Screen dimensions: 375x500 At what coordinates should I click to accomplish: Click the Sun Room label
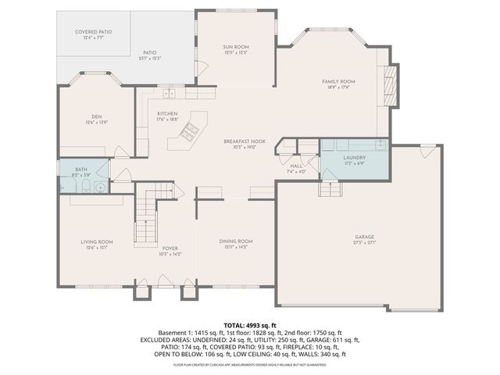point(235,48)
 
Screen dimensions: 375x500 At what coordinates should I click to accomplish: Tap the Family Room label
point(339,81)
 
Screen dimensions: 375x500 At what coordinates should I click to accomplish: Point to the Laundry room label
point(355,158)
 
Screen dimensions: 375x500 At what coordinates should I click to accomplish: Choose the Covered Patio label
point(93,32)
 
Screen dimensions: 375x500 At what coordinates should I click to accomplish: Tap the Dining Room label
point(235,241)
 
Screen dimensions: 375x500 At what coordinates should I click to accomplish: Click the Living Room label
point(97,242)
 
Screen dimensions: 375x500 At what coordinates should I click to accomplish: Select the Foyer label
point(170,248)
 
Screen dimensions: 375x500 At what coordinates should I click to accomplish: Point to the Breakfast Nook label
point(245,141)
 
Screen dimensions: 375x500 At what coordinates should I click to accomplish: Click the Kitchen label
point(168,114)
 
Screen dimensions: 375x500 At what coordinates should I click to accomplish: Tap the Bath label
point(81,169)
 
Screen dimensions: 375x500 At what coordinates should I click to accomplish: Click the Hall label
point(297,166)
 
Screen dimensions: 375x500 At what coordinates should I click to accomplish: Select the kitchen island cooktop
point(188,132)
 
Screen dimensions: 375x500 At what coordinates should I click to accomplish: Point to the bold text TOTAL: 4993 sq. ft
point(250,324)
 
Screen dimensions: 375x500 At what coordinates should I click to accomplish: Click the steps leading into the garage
point(329,189)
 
